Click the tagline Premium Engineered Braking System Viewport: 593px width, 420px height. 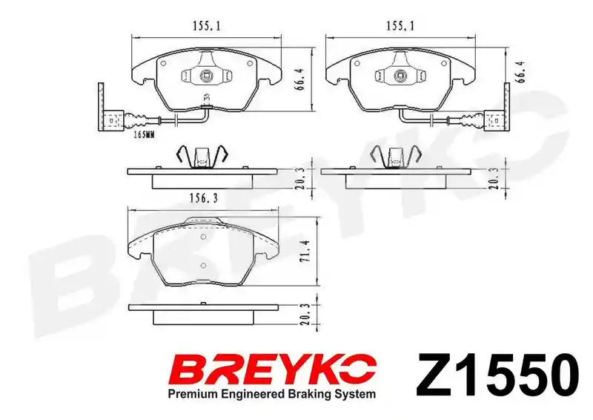[272, 394]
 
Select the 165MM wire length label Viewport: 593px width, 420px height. [144, 134]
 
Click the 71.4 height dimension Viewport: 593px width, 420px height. [306, 251]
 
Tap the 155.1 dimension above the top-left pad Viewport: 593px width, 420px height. [207, 26]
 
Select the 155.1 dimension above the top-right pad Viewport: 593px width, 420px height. [400, 26]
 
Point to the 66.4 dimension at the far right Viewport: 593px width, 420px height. [521, 72]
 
